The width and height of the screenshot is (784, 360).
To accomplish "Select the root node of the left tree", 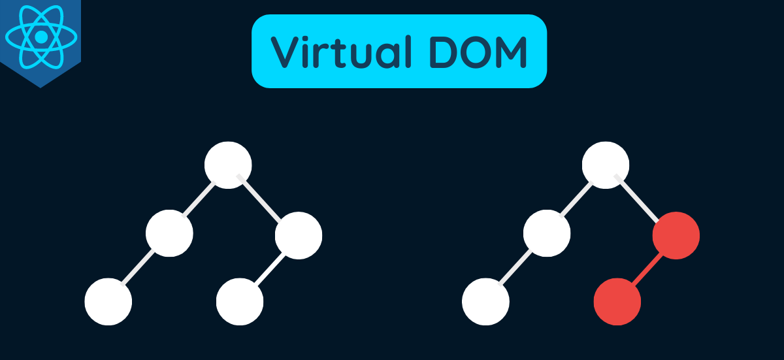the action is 228,165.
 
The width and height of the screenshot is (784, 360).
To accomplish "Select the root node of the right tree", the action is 606,165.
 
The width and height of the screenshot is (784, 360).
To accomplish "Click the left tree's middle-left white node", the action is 169,233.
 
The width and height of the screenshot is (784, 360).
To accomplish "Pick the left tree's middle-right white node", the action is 299,235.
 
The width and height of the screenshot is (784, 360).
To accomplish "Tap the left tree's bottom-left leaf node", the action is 108,302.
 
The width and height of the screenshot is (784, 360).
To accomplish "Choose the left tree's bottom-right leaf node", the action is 240,302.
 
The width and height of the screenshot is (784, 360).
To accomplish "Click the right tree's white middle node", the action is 547,233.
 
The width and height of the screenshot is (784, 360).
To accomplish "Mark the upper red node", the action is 676,235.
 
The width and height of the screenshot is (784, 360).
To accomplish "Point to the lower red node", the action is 617,302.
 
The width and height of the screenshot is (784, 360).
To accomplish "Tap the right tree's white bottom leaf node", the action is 485,302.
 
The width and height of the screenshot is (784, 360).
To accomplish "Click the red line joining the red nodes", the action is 647,268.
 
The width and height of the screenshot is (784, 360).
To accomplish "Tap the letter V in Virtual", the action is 286,52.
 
